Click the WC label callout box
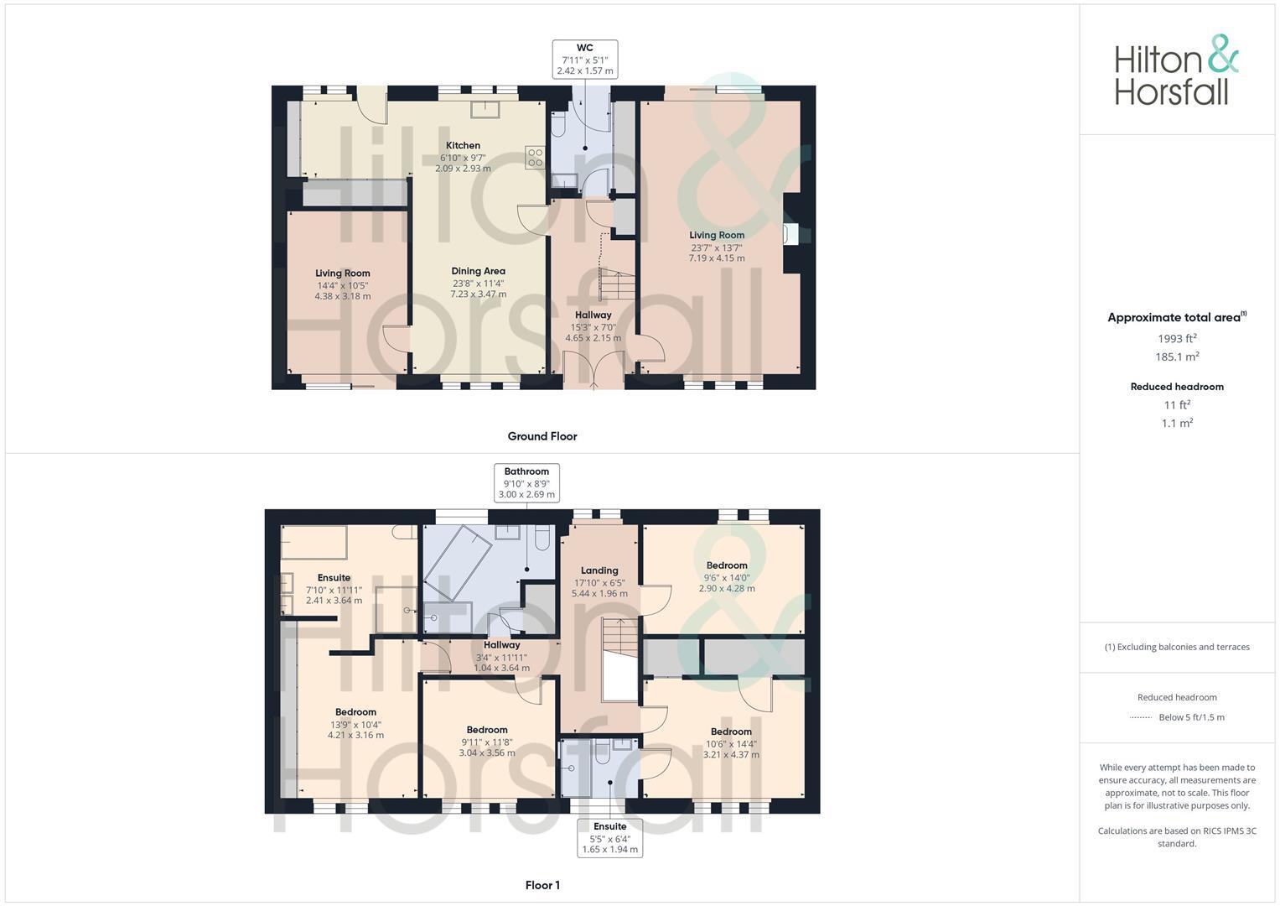point(585,59)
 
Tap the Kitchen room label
point(463,146)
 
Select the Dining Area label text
point(478,271)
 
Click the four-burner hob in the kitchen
point(534,158)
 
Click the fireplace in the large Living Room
point(787,234)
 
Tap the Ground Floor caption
point(542,436)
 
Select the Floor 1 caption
point(542,885)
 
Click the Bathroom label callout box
point(526,482)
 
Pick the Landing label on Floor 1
point(599,570)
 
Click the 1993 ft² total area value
point(1177,338)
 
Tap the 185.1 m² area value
point(1177,357)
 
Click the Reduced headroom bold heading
point(1177,387)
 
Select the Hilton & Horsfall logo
point(1176,70)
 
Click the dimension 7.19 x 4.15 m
point(717,258)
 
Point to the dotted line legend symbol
point(1141,717)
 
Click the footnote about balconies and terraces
point(1177,647)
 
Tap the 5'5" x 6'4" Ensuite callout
point(610,838)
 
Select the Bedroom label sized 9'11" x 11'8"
point(487,730)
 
